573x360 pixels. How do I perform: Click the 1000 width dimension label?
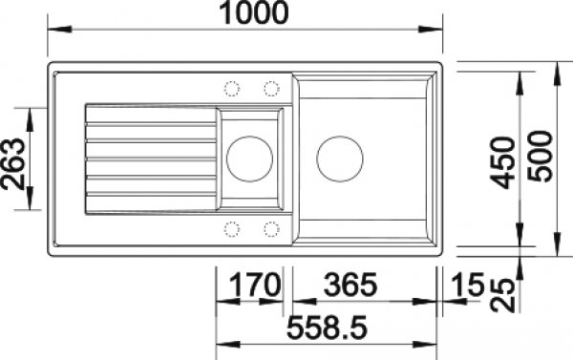tap(253, 13)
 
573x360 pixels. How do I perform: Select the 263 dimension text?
tap(12, 164)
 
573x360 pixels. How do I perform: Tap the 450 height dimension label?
tap(502, 162)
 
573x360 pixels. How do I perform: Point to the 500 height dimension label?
tap(541, 157)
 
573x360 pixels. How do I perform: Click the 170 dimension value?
tap(255, 285)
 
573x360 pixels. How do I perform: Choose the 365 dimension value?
tap(350, 285)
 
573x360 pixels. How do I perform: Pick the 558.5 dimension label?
tap(327, 328)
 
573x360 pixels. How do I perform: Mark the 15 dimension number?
tap(467, 285)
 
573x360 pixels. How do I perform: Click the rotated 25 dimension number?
tap(502, 295)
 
